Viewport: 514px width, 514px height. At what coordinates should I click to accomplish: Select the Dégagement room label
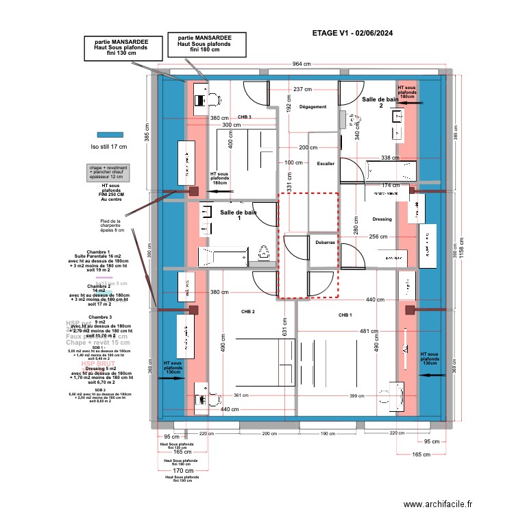click(x=313, y=107)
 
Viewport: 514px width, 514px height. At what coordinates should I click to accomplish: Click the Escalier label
click(x=326, y=164)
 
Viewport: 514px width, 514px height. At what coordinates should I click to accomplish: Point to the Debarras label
click(x=325, y=242)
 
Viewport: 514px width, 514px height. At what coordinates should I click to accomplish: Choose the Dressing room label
click(x=382, y=219)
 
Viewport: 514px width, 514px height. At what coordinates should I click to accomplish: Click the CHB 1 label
click(x=345, y=315)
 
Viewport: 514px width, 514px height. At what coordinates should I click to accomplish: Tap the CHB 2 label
click(x=247, y=312)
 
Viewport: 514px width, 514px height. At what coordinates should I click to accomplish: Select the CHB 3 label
click(x=245, y=117)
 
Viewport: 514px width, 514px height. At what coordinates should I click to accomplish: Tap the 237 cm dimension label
click(x=303, y=90)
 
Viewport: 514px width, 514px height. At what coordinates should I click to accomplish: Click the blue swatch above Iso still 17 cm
click(x=109, y=135)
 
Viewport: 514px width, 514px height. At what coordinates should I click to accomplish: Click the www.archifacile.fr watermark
click(x=438, y=504)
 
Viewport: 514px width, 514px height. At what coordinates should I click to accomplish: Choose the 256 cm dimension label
click(x=378, y=237)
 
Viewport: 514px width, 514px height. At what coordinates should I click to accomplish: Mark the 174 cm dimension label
click(x=390, y=185)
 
